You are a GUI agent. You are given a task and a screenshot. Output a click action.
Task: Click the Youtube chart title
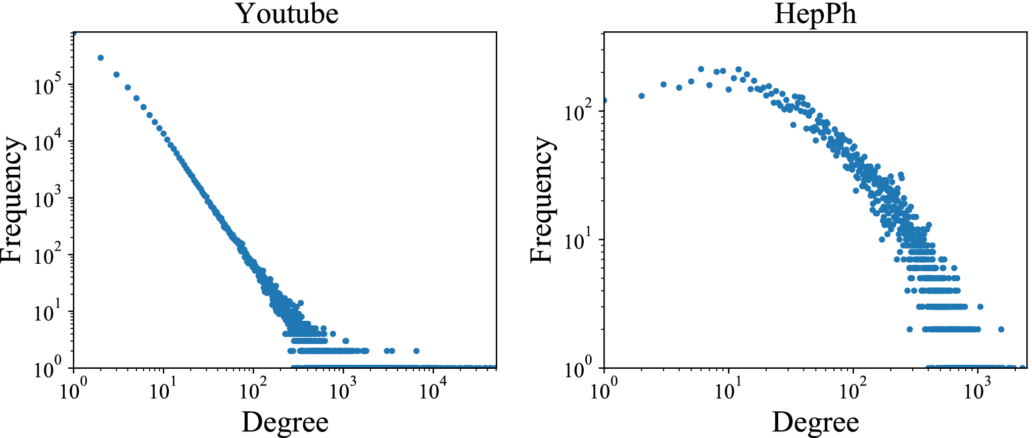[x=287, y=14]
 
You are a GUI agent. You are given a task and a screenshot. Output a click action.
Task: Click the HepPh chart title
[x=815, y=14]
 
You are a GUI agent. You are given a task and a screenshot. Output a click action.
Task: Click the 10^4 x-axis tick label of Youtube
[x=433, y=391]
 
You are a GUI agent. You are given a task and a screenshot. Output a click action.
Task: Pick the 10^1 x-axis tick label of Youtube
[x=163, y=391]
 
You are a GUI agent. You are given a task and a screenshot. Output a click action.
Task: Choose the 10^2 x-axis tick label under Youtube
[x=253, y=391]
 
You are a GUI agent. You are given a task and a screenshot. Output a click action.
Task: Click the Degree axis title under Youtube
[x=285, y=422]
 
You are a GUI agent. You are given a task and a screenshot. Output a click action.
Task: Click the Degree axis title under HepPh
[x=815, y=422]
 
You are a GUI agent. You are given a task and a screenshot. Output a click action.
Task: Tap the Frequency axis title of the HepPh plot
[x=542, y=200]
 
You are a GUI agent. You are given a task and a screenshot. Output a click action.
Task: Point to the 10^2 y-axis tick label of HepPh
[x=578, y=112]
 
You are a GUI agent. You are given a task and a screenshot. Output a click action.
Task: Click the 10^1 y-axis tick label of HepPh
[x=578, y=240]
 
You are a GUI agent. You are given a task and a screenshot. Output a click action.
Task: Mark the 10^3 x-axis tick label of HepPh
[x=977, y=391]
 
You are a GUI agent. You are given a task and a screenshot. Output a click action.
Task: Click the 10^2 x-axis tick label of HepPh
[x=853, y=391]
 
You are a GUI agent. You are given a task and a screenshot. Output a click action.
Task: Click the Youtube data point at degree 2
[x=101, y=58]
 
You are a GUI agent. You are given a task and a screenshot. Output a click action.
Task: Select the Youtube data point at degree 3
[x=116, y=74]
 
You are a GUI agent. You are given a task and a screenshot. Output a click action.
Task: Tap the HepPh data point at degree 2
[x=642, y=96]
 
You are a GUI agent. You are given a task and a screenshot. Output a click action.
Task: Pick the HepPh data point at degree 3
[x=664, y=84]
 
